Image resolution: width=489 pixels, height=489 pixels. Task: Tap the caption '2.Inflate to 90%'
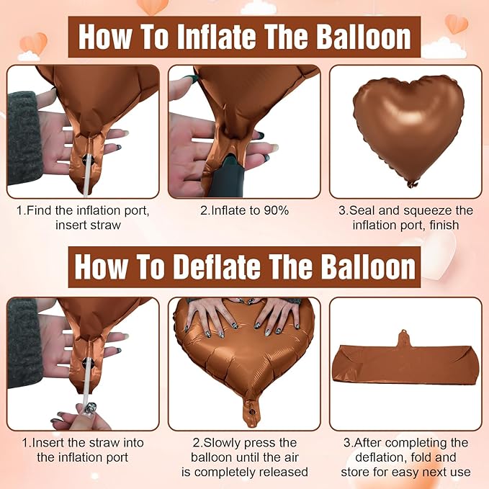pyautogui.click(x=245, y=211)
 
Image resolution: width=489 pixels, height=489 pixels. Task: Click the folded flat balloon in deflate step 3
pyautogui.click(x=405, y=366)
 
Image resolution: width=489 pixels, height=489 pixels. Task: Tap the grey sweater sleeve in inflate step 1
pyautogui.click(x=24, y=137)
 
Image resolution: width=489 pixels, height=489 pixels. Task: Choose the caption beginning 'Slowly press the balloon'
pyautogui.click(x=244, y=457)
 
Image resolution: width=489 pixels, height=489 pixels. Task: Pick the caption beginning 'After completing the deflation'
pyautogui.click(x=405, y=457)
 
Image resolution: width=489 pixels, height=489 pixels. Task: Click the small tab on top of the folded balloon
pyautogui.click(x=405, y=337)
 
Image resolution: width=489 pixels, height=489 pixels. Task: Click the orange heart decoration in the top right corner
pyautogui.click(x=456, y=23)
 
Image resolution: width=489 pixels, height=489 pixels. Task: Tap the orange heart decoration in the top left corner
pyautogui.click(x=32, y=42)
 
